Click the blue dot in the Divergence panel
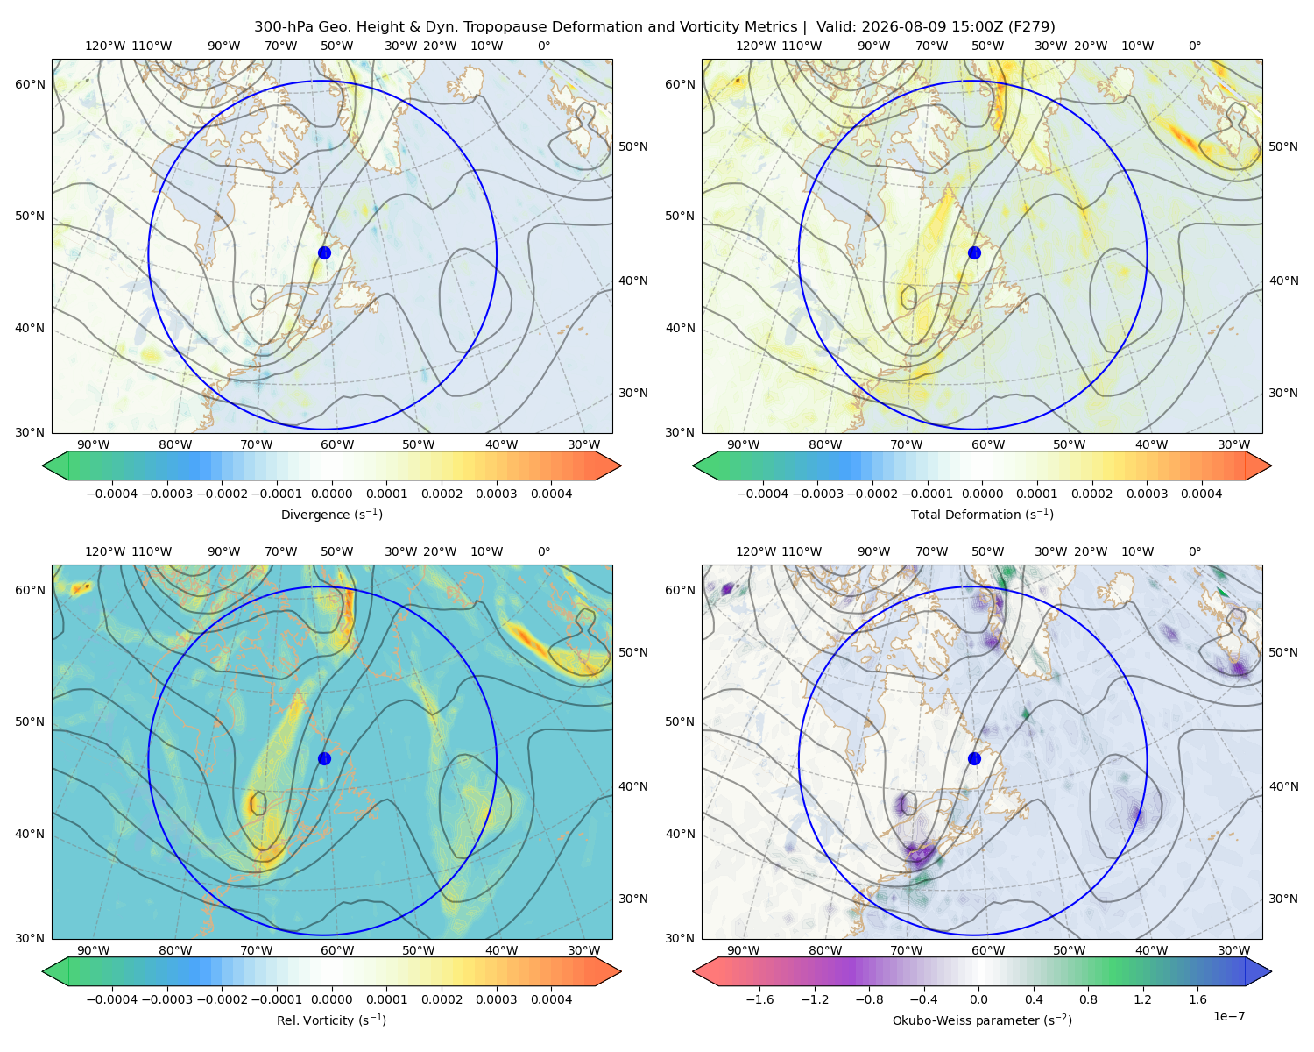pos(324,252)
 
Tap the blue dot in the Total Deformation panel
pos(974,252)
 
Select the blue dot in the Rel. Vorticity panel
pos(324,758)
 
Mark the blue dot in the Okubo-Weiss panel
pos(974,758)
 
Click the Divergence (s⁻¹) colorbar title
pos(331,514)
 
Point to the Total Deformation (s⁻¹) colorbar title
pos(982,514)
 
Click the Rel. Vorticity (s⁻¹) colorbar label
pos(331,1020)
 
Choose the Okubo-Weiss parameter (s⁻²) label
pos(982,1020)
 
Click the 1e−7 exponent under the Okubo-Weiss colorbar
pos(1228,1016)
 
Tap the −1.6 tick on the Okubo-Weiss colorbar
pos(759,999)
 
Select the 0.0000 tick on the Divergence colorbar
pos(331,494)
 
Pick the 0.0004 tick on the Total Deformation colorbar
pos(1201,494)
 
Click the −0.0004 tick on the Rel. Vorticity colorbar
pos(112,999)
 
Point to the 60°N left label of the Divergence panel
pos(30,84)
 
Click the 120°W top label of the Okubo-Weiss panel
pos(755,551)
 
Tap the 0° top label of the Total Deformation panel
pos(1194,46)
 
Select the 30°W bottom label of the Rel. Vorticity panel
pos(583,950)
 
